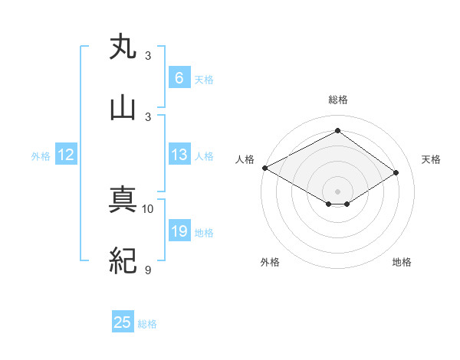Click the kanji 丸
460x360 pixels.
coord(123,47)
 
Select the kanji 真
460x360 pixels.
coord(123,201)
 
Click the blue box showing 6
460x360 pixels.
coord(179,77)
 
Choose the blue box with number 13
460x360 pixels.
coord(179,155)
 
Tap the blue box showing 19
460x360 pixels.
coord(179,231)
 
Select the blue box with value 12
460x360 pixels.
coord(66,155)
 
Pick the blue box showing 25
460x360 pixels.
coord(123,322)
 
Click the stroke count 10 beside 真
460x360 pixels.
coord(148,208)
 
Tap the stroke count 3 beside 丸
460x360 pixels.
coord(148,56)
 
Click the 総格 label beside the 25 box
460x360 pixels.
coord(147,324)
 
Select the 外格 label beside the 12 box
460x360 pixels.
coord(41,155)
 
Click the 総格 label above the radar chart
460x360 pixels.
coord(338,100)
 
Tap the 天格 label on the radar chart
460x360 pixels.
coord(431,159)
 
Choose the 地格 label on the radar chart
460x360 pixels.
coord(402,262)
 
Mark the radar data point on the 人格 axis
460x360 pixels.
coord(264,168)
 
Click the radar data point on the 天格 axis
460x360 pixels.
coord(396,173)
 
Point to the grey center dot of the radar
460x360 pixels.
coord(338,191)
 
